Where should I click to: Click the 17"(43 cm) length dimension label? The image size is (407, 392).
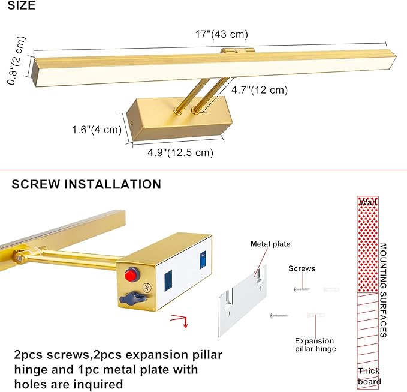[x=222, y=34]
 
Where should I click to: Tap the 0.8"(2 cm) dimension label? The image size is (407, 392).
[x=17, y=61]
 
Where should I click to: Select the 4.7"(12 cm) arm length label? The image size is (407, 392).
[x=260, y=90]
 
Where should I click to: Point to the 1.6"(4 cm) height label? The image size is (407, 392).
[x=97, y=130]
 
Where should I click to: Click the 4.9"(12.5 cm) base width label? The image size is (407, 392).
[x=180, y=152]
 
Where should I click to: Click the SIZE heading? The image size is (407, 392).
[x=22, y=5]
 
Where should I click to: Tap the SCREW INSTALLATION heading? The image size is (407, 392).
[x=86, y=184]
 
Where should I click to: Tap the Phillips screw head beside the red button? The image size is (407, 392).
[x=147, y=288]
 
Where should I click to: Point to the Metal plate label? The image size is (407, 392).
[x=270, y=244]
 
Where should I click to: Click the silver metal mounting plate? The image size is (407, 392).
[x=243, y=301]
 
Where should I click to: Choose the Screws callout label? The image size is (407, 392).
[x=302, y=268]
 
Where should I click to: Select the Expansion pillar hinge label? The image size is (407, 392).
[x=315, y=345]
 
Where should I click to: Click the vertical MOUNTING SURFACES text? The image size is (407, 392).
[x=384, y=291]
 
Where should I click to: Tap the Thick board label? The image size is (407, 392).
[x=369, y=376]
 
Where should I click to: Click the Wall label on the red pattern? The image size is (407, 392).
[x=368, y=202]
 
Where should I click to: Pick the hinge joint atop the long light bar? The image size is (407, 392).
[x=237, y=50]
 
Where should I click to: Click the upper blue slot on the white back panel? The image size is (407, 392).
[x=203, y=260]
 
